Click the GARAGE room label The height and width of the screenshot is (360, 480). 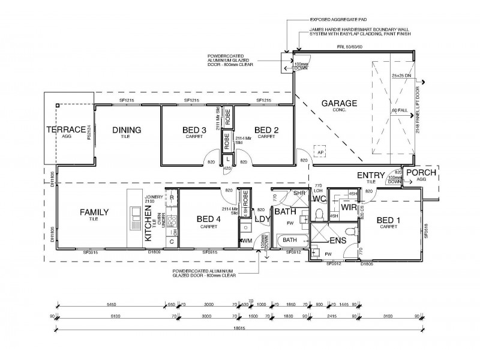tap(339, 103)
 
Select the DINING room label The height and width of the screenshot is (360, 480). tap(127, 130)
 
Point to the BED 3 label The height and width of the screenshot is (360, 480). tap(194, 130)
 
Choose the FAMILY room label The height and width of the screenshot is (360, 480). tap(94, 212)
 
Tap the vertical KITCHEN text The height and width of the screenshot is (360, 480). tap(148, 223)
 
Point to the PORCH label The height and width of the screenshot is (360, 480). tap(422, 173)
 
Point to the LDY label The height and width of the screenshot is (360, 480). tap(262, 220)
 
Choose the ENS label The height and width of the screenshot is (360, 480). tap(337, 241)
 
